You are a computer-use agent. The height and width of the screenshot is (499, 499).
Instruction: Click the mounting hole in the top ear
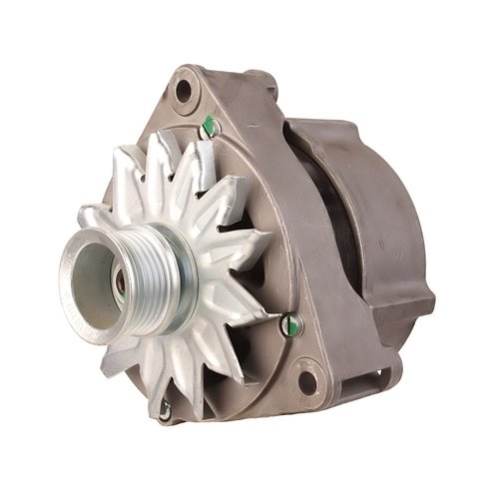point(183,91)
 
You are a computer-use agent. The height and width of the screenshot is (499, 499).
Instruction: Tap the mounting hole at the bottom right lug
point(307,381)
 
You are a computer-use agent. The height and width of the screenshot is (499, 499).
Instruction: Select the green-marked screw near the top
point(209,126)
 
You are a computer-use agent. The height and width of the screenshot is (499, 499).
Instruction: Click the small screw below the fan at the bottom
point(165,408)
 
